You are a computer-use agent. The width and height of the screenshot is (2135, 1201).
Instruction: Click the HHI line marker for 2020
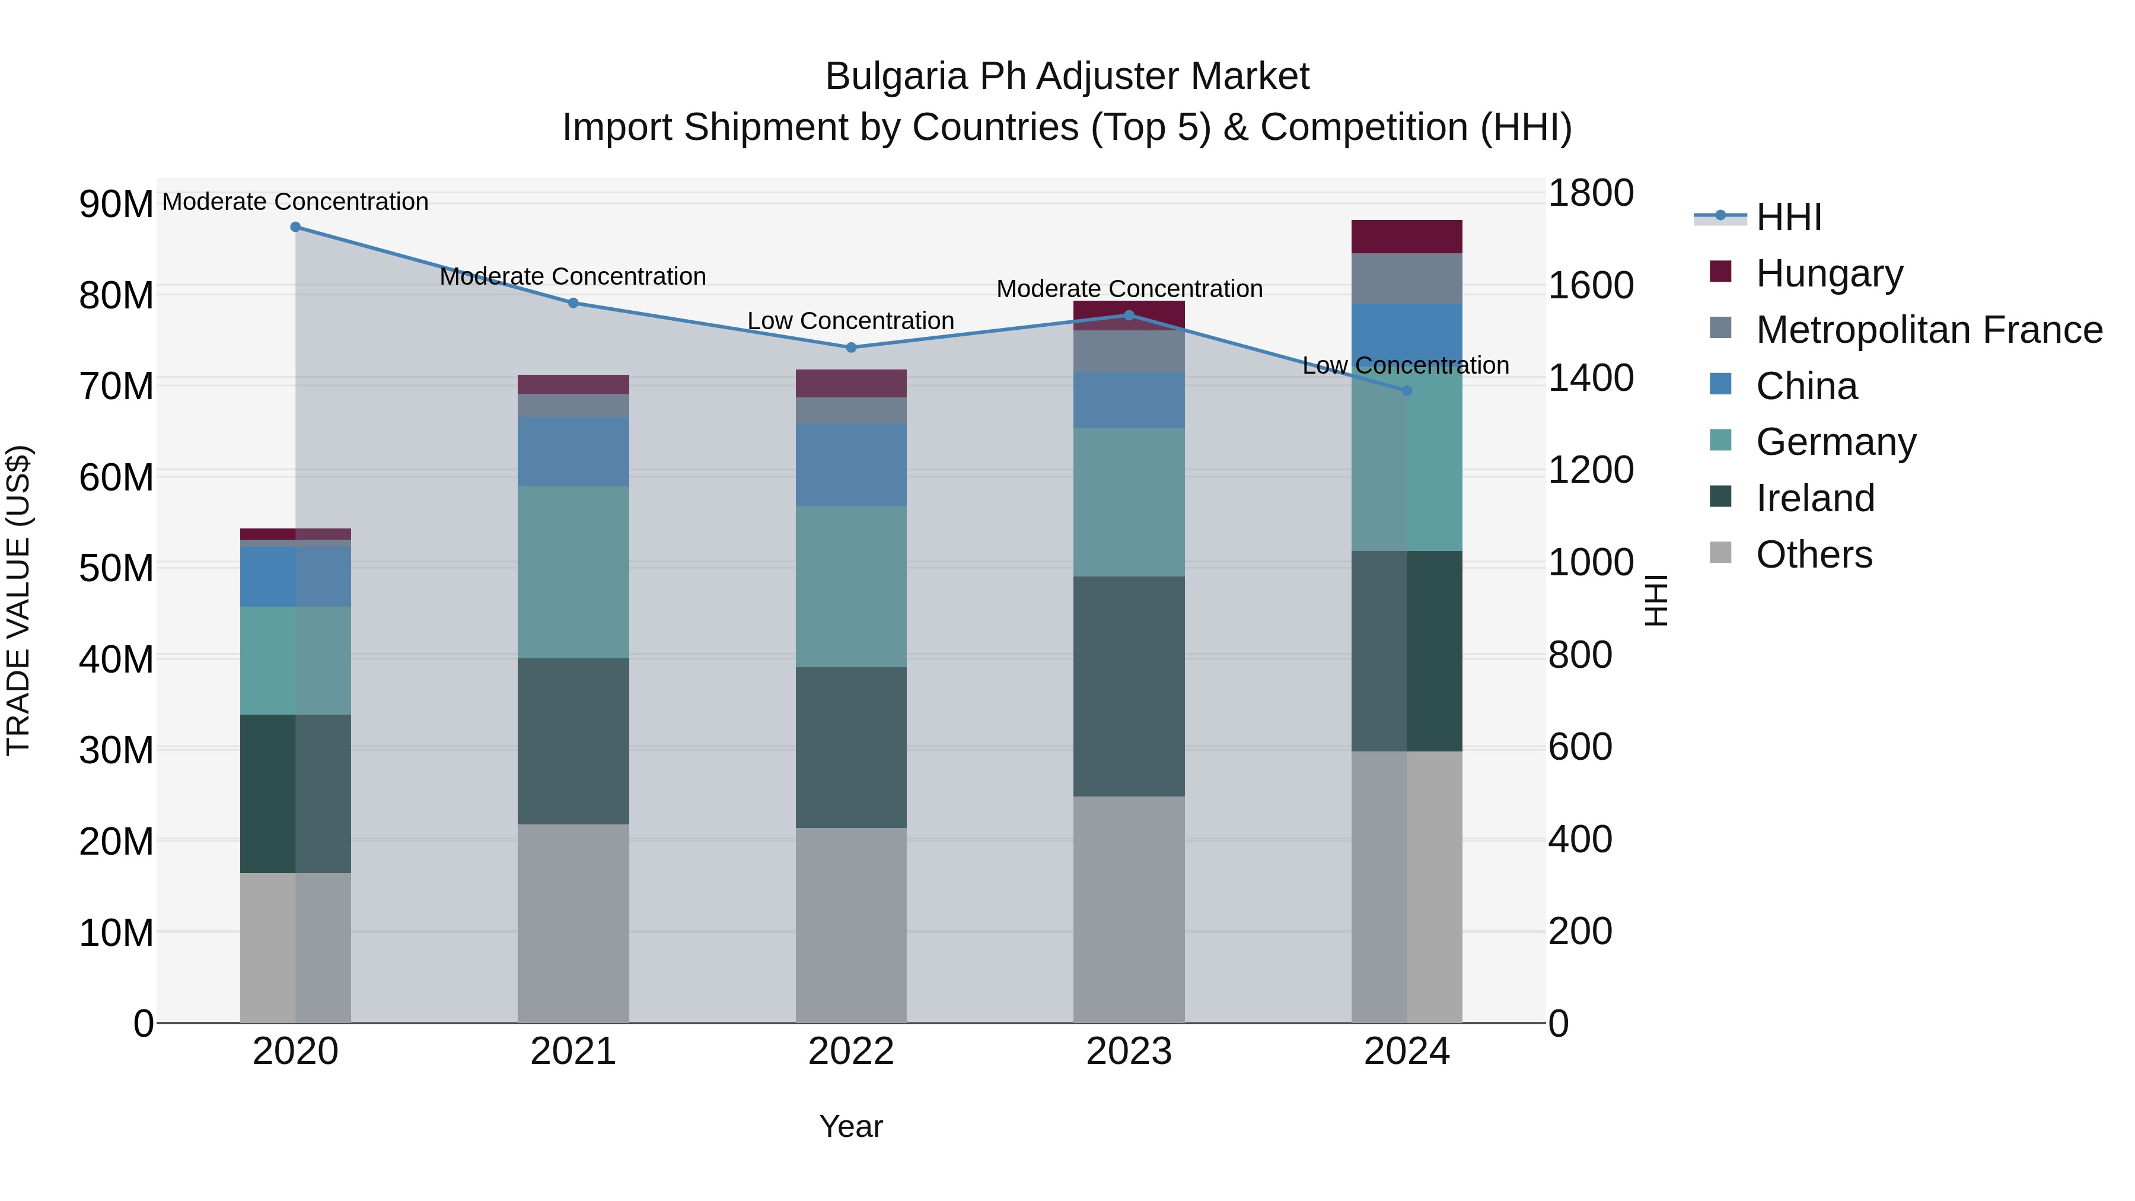[x=295, y=227]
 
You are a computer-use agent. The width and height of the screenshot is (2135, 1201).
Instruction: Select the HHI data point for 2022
[x=851, y=348]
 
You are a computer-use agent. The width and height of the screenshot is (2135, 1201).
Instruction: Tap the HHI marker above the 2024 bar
[x=1407, y=390]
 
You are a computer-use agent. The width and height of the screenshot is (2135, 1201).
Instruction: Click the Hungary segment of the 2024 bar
[x=1407, y=237]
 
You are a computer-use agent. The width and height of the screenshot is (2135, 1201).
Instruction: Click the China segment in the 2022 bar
[x=851, y=465]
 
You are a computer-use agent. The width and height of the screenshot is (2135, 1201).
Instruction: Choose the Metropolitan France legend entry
[x=1929, y=330]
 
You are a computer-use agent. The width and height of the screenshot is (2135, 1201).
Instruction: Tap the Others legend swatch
[x=1720, y=553]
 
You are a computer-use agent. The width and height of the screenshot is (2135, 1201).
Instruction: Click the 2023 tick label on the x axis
[x=1129, y=1052]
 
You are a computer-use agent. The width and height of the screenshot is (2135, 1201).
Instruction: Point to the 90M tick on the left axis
[x=116, y=204]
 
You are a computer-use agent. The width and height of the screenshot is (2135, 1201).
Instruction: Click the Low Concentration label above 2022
[x=850, y=321]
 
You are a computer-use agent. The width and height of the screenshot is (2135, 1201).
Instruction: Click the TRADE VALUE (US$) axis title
[x=18, y=600]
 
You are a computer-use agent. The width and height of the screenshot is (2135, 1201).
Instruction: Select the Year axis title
[x=851, y=1126]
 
